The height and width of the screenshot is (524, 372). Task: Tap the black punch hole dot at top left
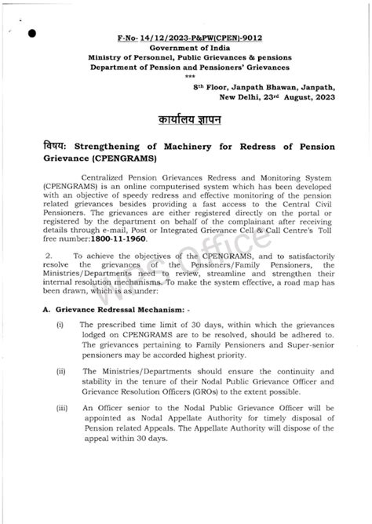click(31, 33)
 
